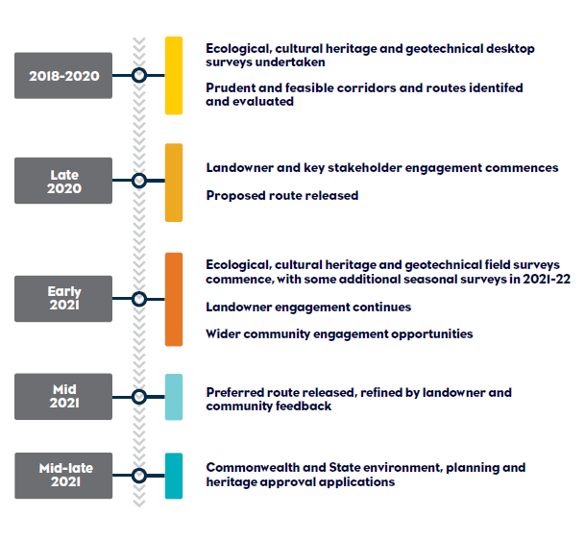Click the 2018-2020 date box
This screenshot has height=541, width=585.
tap(63, 75)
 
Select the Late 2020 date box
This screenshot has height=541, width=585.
tap(63, 181)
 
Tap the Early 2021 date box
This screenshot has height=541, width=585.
tap(63, 299)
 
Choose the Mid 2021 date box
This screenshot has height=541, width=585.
tap(63, 397)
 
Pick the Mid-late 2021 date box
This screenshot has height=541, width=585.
tap(63, 476)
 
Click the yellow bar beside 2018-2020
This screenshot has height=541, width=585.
tap(174, 75)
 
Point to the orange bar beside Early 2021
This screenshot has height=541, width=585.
tap(174, 299)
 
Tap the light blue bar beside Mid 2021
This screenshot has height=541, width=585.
tap(174, 397)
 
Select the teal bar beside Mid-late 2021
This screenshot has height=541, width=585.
tap(174, 476)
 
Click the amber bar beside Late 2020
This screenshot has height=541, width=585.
tap(174, 183)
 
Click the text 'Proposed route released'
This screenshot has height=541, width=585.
tap(282, 195)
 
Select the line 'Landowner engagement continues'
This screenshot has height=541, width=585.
tap(308, 307)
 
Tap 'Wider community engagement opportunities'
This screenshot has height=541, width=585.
tap(339, 334)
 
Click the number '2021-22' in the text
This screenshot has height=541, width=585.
tap(547, 279)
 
